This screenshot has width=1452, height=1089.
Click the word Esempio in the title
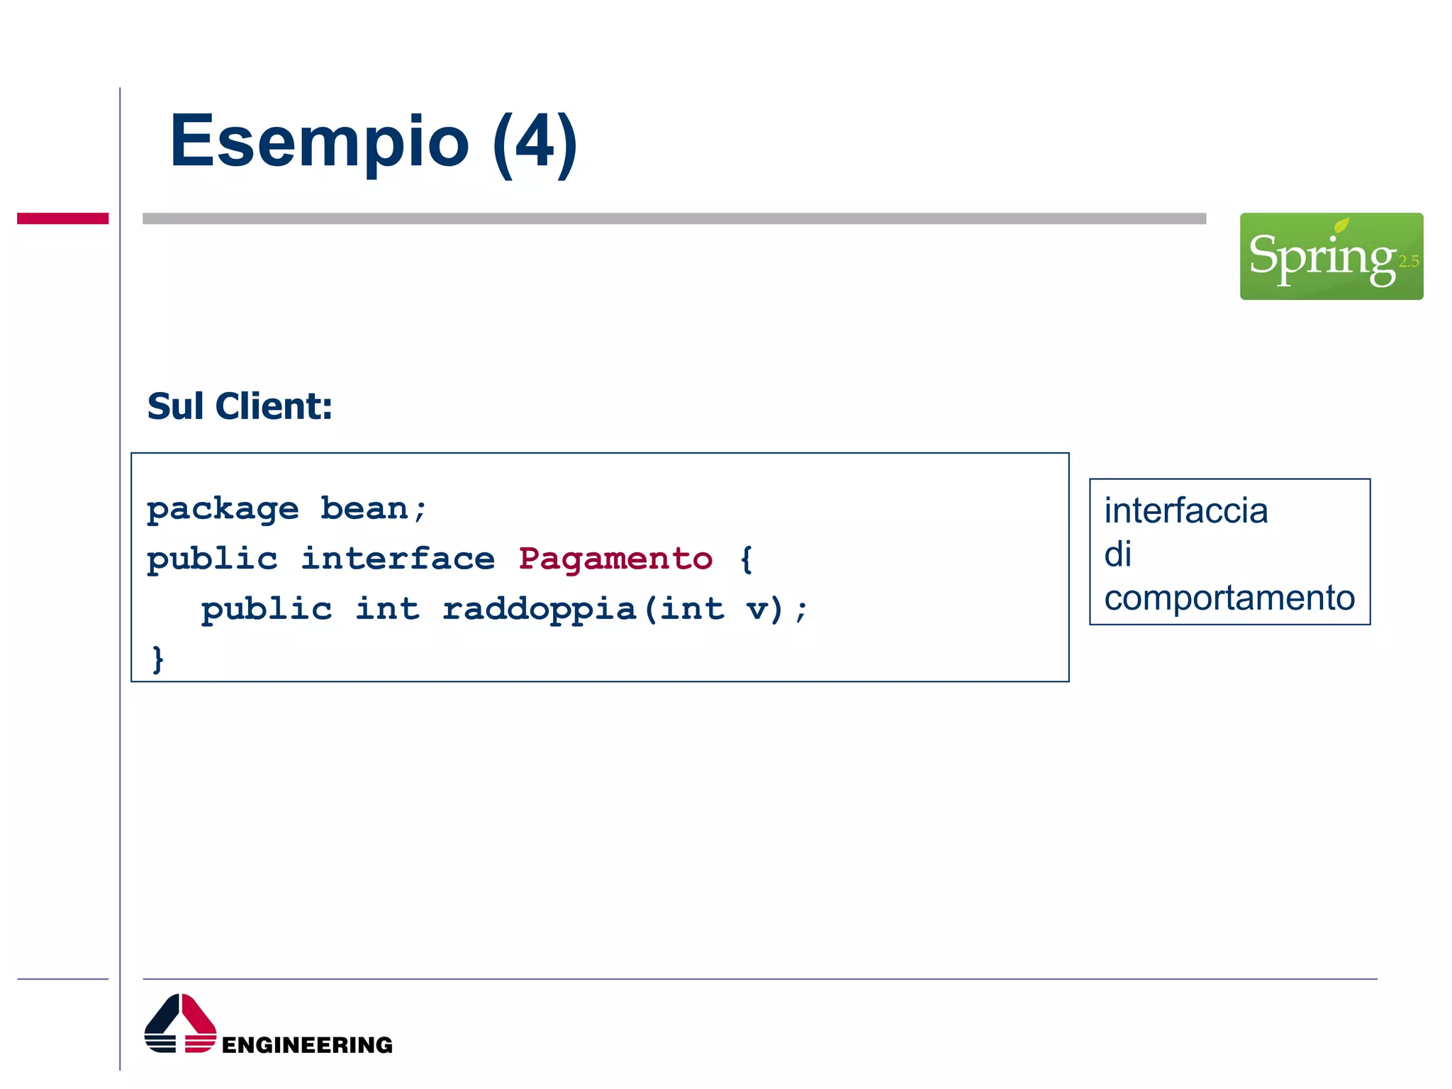[319, 142]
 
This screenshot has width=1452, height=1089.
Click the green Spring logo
[1331, 256]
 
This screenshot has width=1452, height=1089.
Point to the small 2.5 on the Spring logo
[1408, 262]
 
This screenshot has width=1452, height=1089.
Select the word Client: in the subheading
[274, 406]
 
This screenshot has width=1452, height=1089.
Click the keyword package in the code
[223, 510]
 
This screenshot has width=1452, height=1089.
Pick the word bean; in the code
[373, 508]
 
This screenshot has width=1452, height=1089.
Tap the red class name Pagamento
[615, 559]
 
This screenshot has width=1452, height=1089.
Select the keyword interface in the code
[398, 559]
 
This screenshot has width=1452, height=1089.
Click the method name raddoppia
[539, 610]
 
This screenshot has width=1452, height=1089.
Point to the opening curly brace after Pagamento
[746, 559]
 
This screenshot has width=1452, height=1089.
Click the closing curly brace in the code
[158, 659]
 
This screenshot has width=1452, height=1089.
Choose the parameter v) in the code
[765, 609]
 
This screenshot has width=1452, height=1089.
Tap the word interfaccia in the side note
[1185, 510]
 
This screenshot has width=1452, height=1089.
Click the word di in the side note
[1117, 554]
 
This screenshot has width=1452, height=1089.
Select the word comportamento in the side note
[1229, 598]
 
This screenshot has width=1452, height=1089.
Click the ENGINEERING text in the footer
[307, 1044]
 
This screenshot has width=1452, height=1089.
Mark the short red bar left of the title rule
[62, 218]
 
